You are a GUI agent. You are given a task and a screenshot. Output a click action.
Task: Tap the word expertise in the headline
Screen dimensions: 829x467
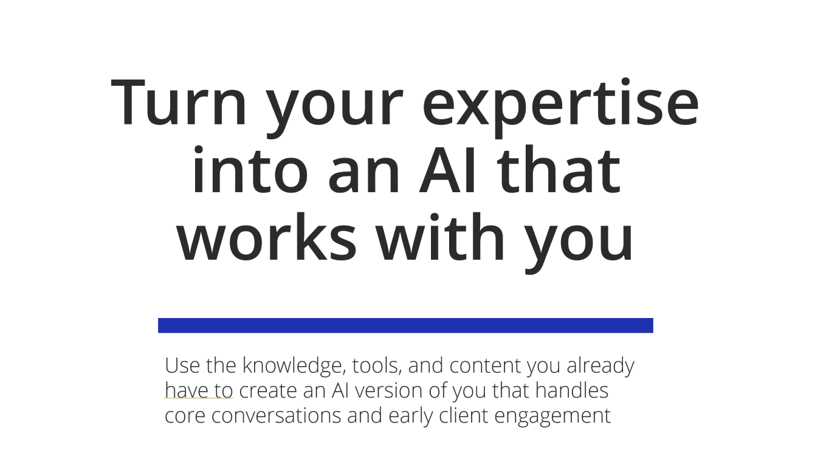click(560, 108)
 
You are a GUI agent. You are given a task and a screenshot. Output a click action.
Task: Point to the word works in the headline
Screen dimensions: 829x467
click(266, 237)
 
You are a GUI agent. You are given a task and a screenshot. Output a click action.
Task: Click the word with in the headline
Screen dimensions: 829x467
click(440, 237)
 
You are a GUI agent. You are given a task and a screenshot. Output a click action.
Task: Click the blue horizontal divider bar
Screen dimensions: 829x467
click(405, 325)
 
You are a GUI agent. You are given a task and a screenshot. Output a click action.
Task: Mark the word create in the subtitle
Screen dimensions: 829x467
click(268, 391)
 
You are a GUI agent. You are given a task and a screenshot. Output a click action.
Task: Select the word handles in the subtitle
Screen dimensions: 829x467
click(572, 390)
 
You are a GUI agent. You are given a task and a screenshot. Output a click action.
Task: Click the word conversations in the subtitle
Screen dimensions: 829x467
click(276, 416)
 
